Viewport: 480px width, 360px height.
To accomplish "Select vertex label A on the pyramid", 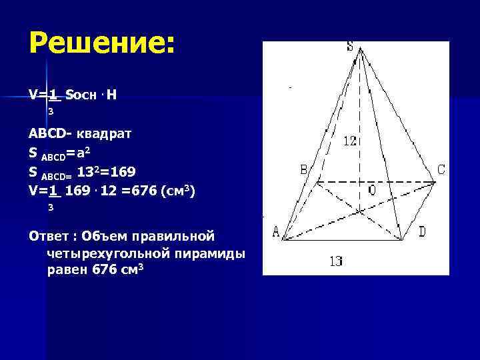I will pos(276,232).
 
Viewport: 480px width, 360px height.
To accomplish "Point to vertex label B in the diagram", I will pos(303,170).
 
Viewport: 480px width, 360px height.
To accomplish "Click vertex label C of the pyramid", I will pos(441,170).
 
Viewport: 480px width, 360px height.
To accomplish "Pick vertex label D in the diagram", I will pos(421,232).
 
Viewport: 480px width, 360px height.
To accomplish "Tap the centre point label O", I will pos(371,191).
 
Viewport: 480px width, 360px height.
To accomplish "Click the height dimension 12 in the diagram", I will pos(351,141).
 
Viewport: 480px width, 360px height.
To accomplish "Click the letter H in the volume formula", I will pos(111,95).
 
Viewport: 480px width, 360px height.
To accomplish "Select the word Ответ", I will pos(49,236).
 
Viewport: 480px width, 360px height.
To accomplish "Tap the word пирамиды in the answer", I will pos(213,253).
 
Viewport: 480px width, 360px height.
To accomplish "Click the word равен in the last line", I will pos(66,270).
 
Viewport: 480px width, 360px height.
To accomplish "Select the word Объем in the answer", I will pos(105,236).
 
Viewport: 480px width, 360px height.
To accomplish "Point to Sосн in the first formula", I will pos(82,95).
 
